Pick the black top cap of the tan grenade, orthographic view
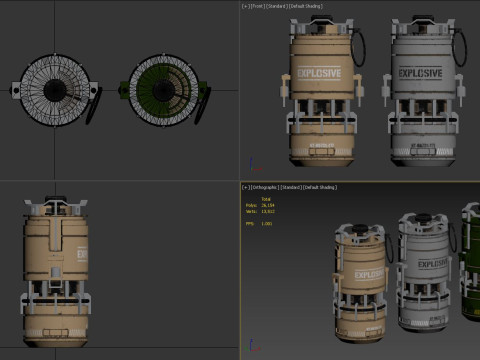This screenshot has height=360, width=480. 358,223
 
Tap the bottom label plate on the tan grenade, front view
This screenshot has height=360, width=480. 316,145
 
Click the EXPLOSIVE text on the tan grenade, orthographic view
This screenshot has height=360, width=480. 368,276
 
